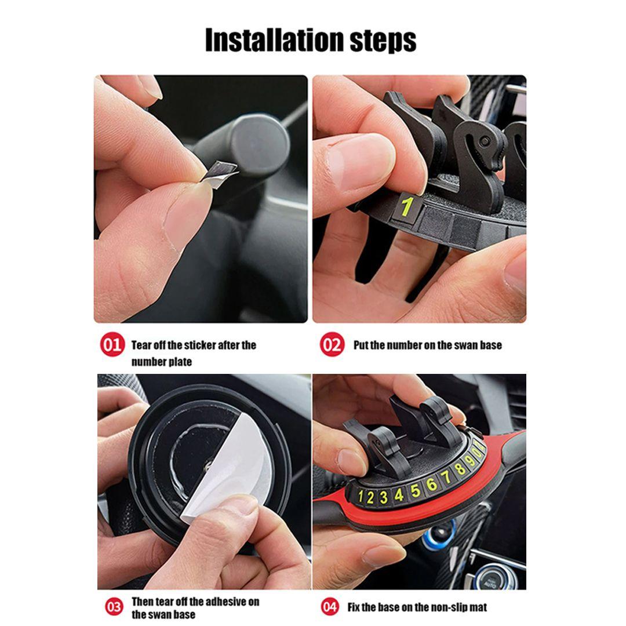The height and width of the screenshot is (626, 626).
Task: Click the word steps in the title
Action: click(x=383, y=41)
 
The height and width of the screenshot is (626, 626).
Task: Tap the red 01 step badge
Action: click(x=112, y=344)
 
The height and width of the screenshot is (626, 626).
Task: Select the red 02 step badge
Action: click(x=332, y=344)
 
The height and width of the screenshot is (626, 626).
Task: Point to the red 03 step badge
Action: click(x=114, y=607)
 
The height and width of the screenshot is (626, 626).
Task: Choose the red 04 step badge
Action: click(x=330, y=607)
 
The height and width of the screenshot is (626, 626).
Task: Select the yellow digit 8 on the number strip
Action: click(x=460, y=468)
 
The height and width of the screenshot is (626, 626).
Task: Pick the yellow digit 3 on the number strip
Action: click(x=384, y=497)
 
